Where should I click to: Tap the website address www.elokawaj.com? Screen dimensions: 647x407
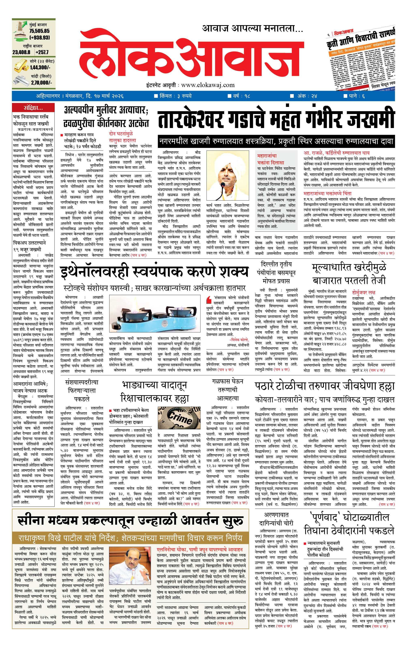[208, 85]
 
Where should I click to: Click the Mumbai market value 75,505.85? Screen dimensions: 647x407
[40, 31]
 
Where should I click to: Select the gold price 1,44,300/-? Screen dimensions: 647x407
[40, 67]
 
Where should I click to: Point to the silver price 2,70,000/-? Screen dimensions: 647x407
[41, 83]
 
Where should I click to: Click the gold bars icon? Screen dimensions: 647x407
[21, 66]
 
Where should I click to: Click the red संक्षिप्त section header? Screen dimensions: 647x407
[33, 108]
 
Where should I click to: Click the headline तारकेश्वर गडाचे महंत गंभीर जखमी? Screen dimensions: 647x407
[276, 119]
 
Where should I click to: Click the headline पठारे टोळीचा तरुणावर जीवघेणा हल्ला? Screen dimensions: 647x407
[324, 386]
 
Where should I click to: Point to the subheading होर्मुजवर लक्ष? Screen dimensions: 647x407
[363, 292]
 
